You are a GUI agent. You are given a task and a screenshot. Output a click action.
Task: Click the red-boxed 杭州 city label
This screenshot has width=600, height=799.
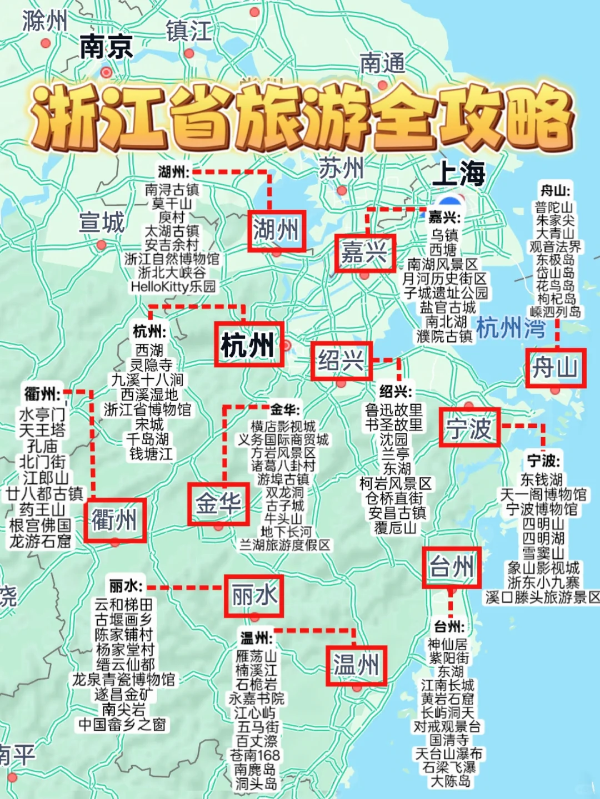click(249, 344)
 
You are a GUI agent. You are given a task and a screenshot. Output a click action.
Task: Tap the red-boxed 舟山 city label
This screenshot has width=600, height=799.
click(556, 367)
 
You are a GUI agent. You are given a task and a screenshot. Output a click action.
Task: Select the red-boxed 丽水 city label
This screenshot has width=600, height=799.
click(254, 596)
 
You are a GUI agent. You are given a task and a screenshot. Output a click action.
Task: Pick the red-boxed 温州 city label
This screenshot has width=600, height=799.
click(356, 665)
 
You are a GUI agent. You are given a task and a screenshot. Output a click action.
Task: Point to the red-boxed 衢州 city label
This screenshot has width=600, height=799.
click(115, 520)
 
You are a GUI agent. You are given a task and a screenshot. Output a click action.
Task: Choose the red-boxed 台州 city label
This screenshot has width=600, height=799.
click(451, 567)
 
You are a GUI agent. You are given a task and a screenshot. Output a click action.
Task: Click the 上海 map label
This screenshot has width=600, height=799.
click(458, 174)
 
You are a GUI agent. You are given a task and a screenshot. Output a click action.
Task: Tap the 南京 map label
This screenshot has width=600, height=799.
click(106, 47)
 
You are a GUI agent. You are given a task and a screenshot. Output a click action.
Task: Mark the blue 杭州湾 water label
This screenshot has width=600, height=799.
click(511, 328)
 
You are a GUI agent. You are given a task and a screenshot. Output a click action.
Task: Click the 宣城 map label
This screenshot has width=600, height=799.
click(102, 222)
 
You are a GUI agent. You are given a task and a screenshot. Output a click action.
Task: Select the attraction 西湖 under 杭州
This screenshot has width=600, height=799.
click(149, 350)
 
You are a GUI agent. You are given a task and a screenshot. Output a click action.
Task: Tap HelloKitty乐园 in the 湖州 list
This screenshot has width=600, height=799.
click(173, 286)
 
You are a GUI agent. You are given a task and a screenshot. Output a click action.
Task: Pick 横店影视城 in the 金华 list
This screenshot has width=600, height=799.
click(283, 426)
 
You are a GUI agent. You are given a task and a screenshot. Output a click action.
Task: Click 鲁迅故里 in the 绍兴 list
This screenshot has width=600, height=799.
click(394, 410)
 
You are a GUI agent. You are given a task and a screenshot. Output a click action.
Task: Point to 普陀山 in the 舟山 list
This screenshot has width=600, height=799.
click(554, 207)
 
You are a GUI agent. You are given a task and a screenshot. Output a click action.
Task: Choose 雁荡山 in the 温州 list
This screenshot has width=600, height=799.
click(256, 656)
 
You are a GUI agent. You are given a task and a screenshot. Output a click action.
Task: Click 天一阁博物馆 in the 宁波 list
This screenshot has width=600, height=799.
click(543, 494)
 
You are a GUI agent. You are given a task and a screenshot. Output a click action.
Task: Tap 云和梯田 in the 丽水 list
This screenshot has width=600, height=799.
click(123, 604)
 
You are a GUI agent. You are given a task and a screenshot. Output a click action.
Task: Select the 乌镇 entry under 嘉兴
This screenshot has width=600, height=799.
click(444, 235)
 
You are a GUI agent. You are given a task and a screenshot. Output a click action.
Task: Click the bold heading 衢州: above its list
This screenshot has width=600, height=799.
click(43, 394)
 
